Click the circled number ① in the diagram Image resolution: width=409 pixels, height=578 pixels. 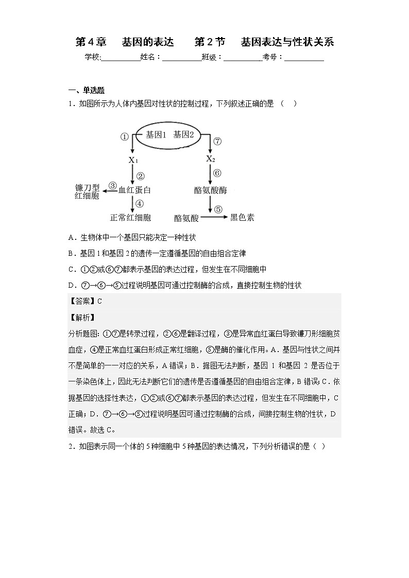coord(124,137)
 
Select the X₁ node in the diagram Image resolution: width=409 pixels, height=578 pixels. coord(133,160)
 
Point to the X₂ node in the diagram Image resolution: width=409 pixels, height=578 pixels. coord(210,159)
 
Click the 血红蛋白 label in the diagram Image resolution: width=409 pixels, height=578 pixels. coord(135,190)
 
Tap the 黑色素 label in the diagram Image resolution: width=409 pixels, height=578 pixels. coord(242,217)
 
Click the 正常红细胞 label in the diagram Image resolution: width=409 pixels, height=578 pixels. coord(131,218)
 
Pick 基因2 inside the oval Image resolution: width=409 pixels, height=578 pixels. coord(183,135)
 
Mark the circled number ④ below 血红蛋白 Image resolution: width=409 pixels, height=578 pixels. coord(140,204)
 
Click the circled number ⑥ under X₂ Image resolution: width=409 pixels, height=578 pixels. coord(217,173)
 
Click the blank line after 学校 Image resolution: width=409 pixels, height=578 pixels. coord(121,58)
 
